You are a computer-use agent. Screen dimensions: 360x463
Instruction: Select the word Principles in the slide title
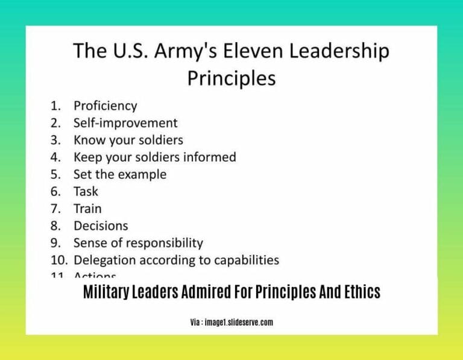coord(231,78)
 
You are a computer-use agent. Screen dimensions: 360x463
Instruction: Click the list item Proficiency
coord(105,106)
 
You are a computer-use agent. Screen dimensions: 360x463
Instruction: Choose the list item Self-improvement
coord(125,123)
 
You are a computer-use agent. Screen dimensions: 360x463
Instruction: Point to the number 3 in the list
coord(55,140)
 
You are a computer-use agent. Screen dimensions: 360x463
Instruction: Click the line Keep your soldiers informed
coord(154,157)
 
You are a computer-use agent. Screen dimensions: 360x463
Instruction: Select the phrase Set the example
coord(119,174)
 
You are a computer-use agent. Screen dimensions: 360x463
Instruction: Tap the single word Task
coord(86,192)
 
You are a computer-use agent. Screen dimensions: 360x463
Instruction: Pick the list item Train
coord(87,209)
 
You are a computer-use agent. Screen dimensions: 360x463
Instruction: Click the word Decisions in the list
coord(101,226)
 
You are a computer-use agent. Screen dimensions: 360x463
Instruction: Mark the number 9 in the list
coord(55,243)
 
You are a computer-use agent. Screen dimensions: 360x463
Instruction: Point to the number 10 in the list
coord(58,261)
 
